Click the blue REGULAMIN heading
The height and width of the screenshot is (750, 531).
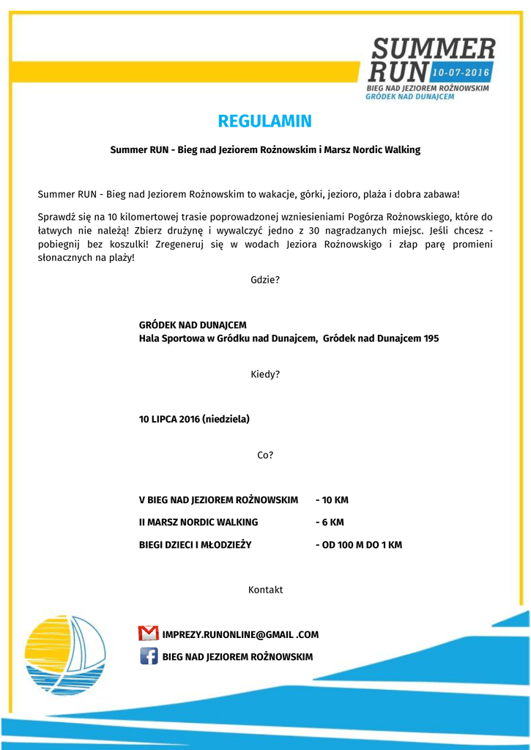[x=264, y=121]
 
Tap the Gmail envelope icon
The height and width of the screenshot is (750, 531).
[x=148, y=634]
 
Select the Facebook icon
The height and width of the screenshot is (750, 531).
[x=149, y=656]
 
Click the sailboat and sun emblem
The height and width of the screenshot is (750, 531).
[x=64, y=654]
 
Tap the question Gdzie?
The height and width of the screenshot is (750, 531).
[x=264, y=280]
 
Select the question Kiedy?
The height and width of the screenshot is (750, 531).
[x=264, y=374]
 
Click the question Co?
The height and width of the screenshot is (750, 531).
[x=264, y=455]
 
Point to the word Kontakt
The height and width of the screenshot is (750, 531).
[x=265, y=590]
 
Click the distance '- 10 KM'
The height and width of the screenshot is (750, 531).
[x=332, y=500]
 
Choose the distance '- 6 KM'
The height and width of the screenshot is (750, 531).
[x=330, y=522]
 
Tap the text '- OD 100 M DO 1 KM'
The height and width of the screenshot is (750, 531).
[x=358, y=545]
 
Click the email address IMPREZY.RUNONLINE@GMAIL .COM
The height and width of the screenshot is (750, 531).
[x=240, y=634]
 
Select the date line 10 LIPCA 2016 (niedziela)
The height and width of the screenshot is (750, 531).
[x=194, y=419]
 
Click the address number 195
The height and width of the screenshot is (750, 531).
[x=431, y=338]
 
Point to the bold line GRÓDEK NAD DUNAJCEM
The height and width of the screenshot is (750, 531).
[x=193, y=324]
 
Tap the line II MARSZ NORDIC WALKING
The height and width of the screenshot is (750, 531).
[x=198, y=522]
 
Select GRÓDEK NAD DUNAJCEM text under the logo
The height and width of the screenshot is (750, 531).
[x=409, y=96]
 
